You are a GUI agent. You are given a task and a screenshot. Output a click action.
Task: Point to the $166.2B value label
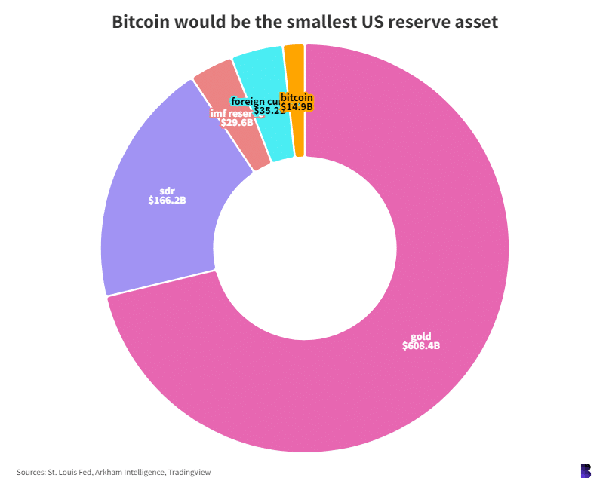pos(168,201)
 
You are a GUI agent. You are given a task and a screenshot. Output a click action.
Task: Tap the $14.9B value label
pos(297,107)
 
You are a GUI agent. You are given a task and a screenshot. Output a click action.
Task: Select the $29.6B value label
pos(236,122)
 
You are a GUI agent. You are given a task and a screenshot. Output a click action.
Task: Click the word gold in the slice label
pos(421,336)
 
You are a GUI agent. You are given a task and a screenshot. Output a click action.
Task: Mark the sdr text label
pos(168,191)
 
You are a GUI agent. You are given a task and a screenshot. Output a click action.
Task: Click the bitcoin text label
pos(297,97)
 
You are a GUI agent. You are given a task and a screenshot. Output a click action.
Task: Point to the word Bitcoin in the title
pos(141,22)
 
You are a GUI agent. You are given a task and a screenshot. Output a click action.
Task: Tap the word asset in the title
pos(476,22)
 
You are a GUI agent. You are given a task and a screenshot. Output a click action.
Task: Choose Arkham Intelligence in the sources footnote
pos(125,473)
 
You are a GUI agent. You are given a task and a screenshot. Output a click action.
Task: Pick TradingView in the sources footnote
pos(189,473)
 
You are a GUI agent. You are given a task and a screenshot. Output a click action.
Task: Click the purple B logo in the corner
pos(586,470)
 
